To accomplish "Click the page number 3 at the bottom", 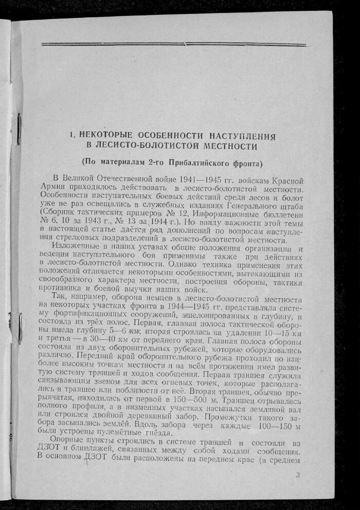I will click(x=298, y=475).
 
